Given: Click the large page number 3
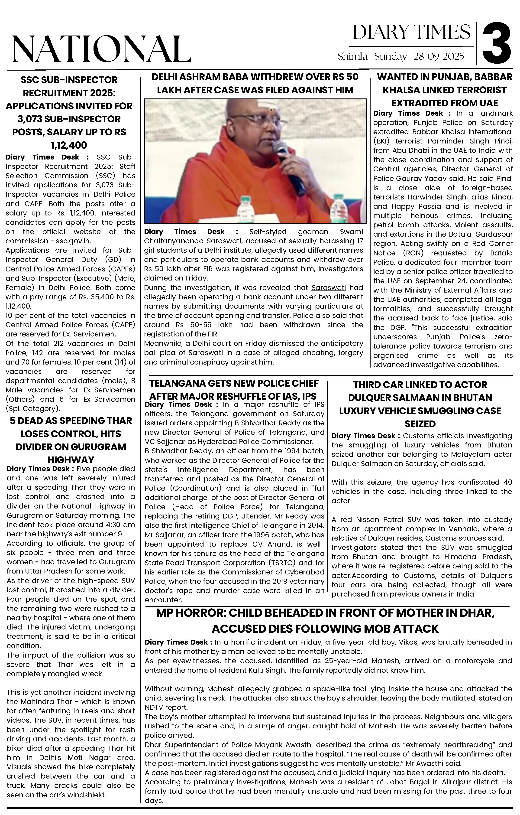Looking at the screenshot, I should coord(496,43).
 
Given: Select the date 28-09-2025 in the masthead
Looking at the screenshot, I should coord(439,56).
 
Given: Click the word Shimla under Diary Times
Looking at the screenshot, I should coord(352,56).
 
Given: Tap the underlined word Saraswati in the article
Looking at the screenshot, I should coord(329,288).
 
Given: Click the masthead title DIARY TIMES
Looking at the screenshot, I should coord(411,32).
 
